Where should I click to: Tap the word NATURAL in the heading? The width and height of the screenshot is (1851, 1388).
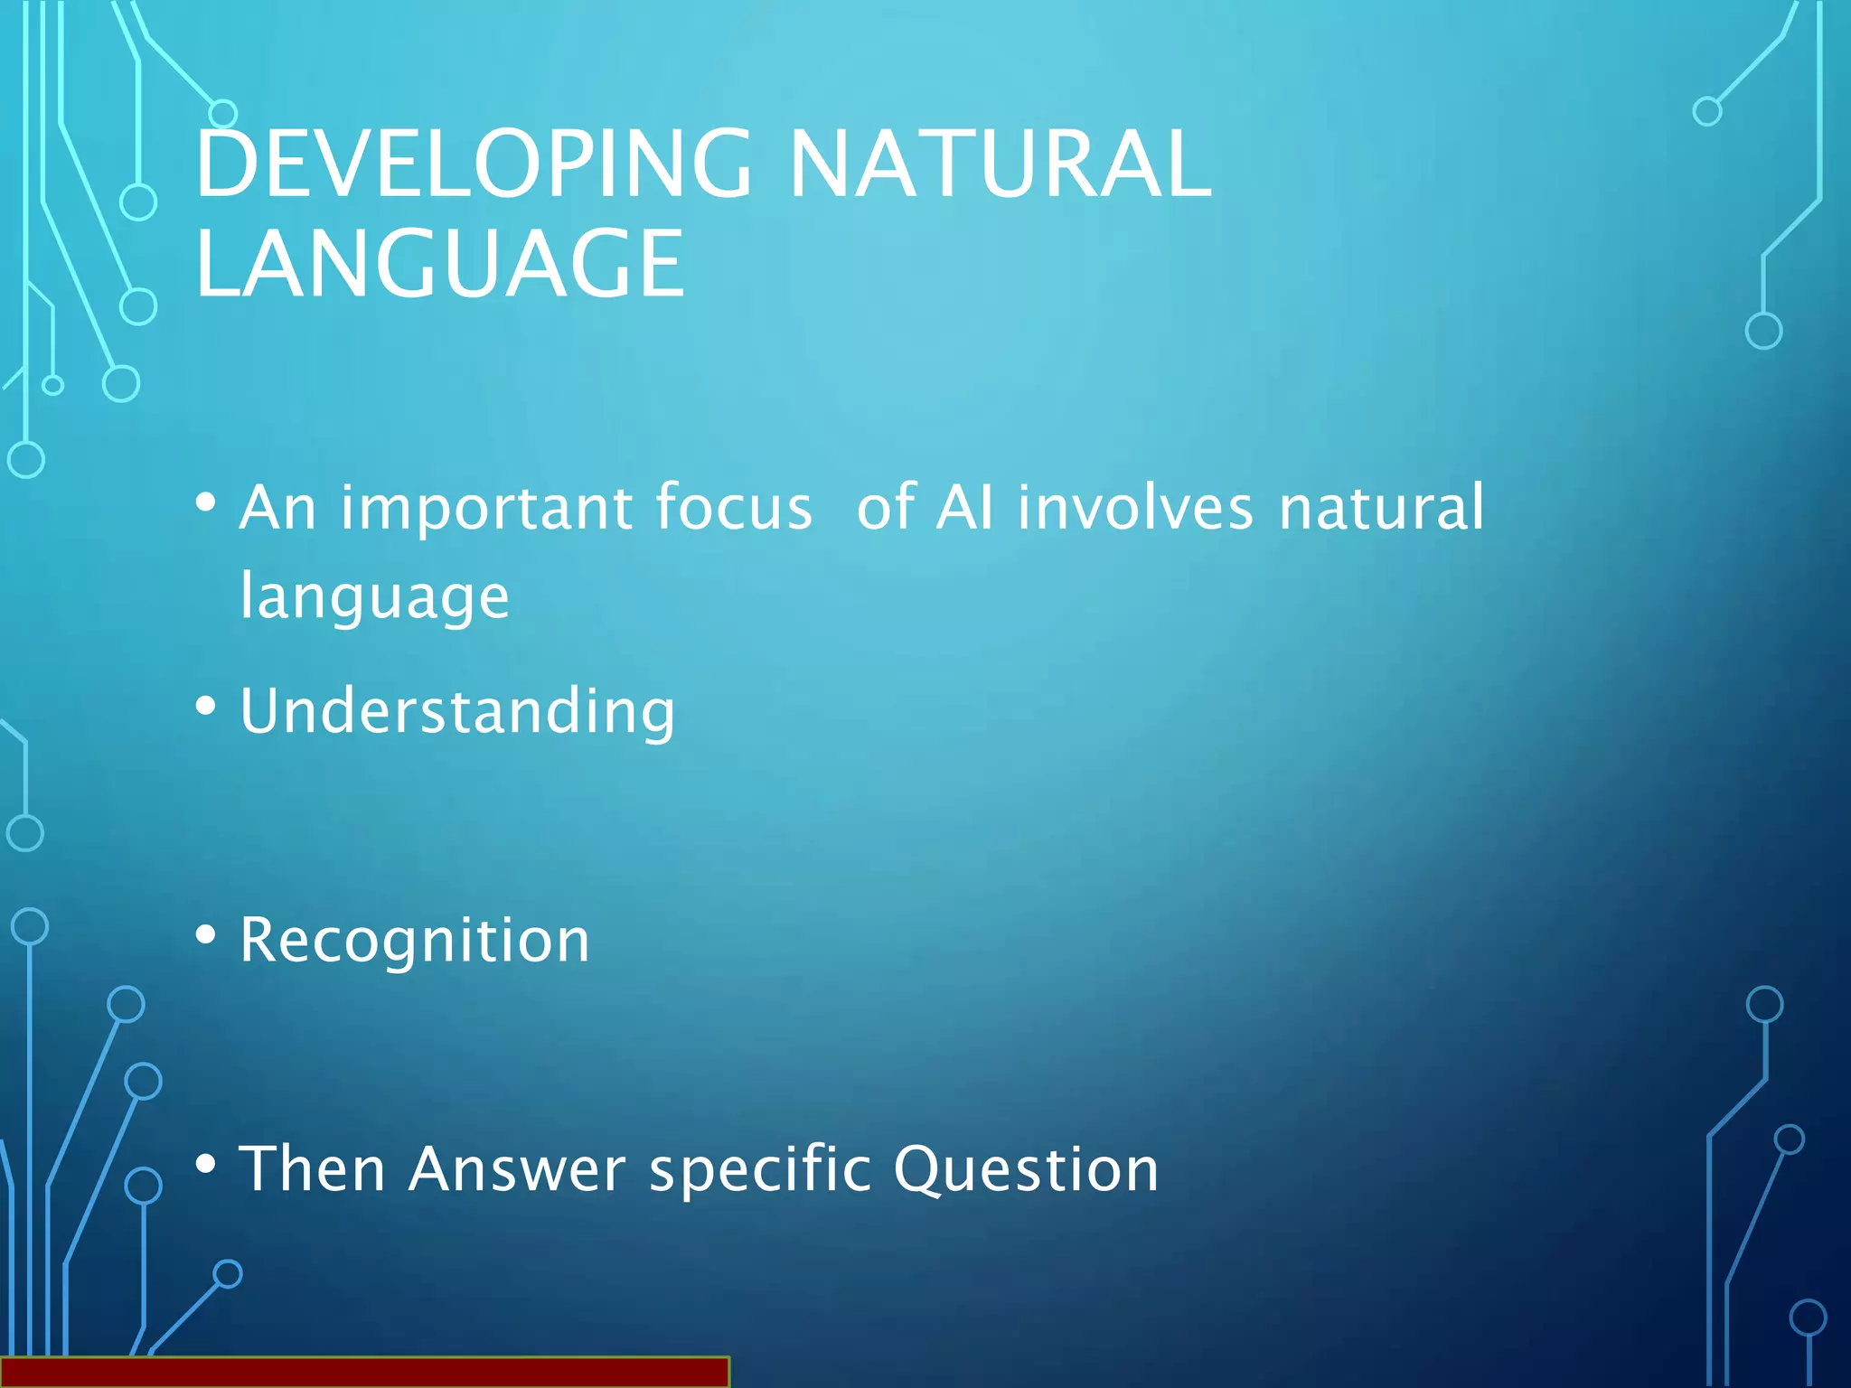pyautogui.click(x=1000, y=164)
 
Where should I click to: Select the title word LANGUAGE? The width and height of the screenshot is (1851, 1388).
pyautogui.click(x=440, y=264)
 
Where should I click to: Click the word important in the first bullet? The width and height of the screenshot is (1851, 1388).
pyautogui.click(x=485, y=508)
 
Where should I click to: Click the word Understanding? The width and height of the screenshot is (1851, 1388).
pyautogui.click(x=457, y=711)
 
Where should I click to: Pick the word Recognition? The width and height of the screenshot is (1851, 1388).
pyautogui.click(x=415, y=941)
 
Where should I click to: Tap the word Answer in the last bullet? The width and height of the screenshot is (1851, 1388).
pyautogui.click(x=517, y=1169)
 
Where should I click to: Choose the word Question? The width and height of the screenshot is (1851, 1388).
pyautogui.click(x=1026, y=1169)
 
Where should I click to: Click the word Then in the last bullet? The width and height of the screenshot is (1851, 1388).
pyautogui.click(x=313, y=1169)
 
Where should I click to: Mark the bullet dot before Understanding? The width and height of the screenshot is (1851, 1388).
pyautogui.click(x=206, y=706)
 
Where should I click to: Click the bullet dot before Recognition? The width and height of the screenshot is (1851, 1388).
pyautogui.click(x=206, y=935)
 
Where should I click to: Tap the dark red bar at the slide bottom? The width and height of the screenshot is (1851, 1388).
pyautogui.click(x=363, y=1372)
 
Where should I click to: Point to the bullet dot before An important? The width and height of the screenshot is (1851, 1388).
pyautogui.click(x=206, y=502)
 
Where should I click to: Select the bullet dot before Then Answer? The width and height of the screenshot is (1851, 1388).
pyautogui.click(x=206, y=1164)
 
